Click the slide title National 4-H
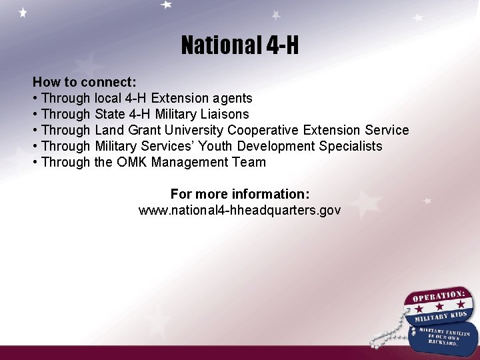tap(240, 45)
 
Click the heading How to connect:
tap(85, 83)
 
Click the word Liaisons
tap(227, 115)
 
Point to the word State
tap(109, 115)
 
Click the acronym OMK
tap(132, 163)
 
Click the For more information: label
tap(240, 195)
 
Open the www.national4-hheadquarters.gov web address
tap(240, 211)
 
